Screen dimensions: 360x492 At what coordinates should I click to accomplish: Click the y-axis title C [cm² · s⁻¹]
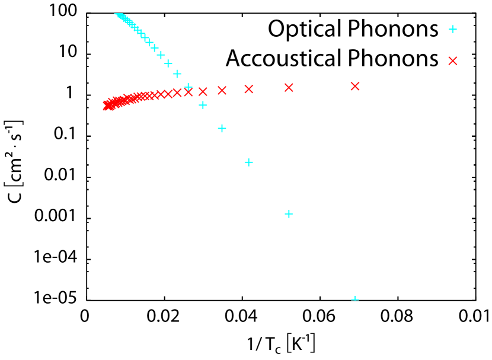(15, 157)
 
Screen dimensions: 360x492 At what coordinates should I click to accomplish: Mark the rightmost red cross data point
(355, 86)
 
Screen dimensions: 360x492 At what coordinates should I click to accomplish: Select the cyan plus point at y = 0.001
(289, 214)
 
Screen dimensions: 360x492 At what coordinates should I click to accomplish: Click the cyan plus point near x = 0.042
(249, 162)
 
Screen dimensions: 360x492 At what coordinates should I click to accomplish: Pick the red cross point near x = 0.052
(289, 87)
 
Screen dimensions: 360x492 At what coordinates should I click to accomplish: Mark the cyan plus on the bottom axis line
(355, 300)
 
